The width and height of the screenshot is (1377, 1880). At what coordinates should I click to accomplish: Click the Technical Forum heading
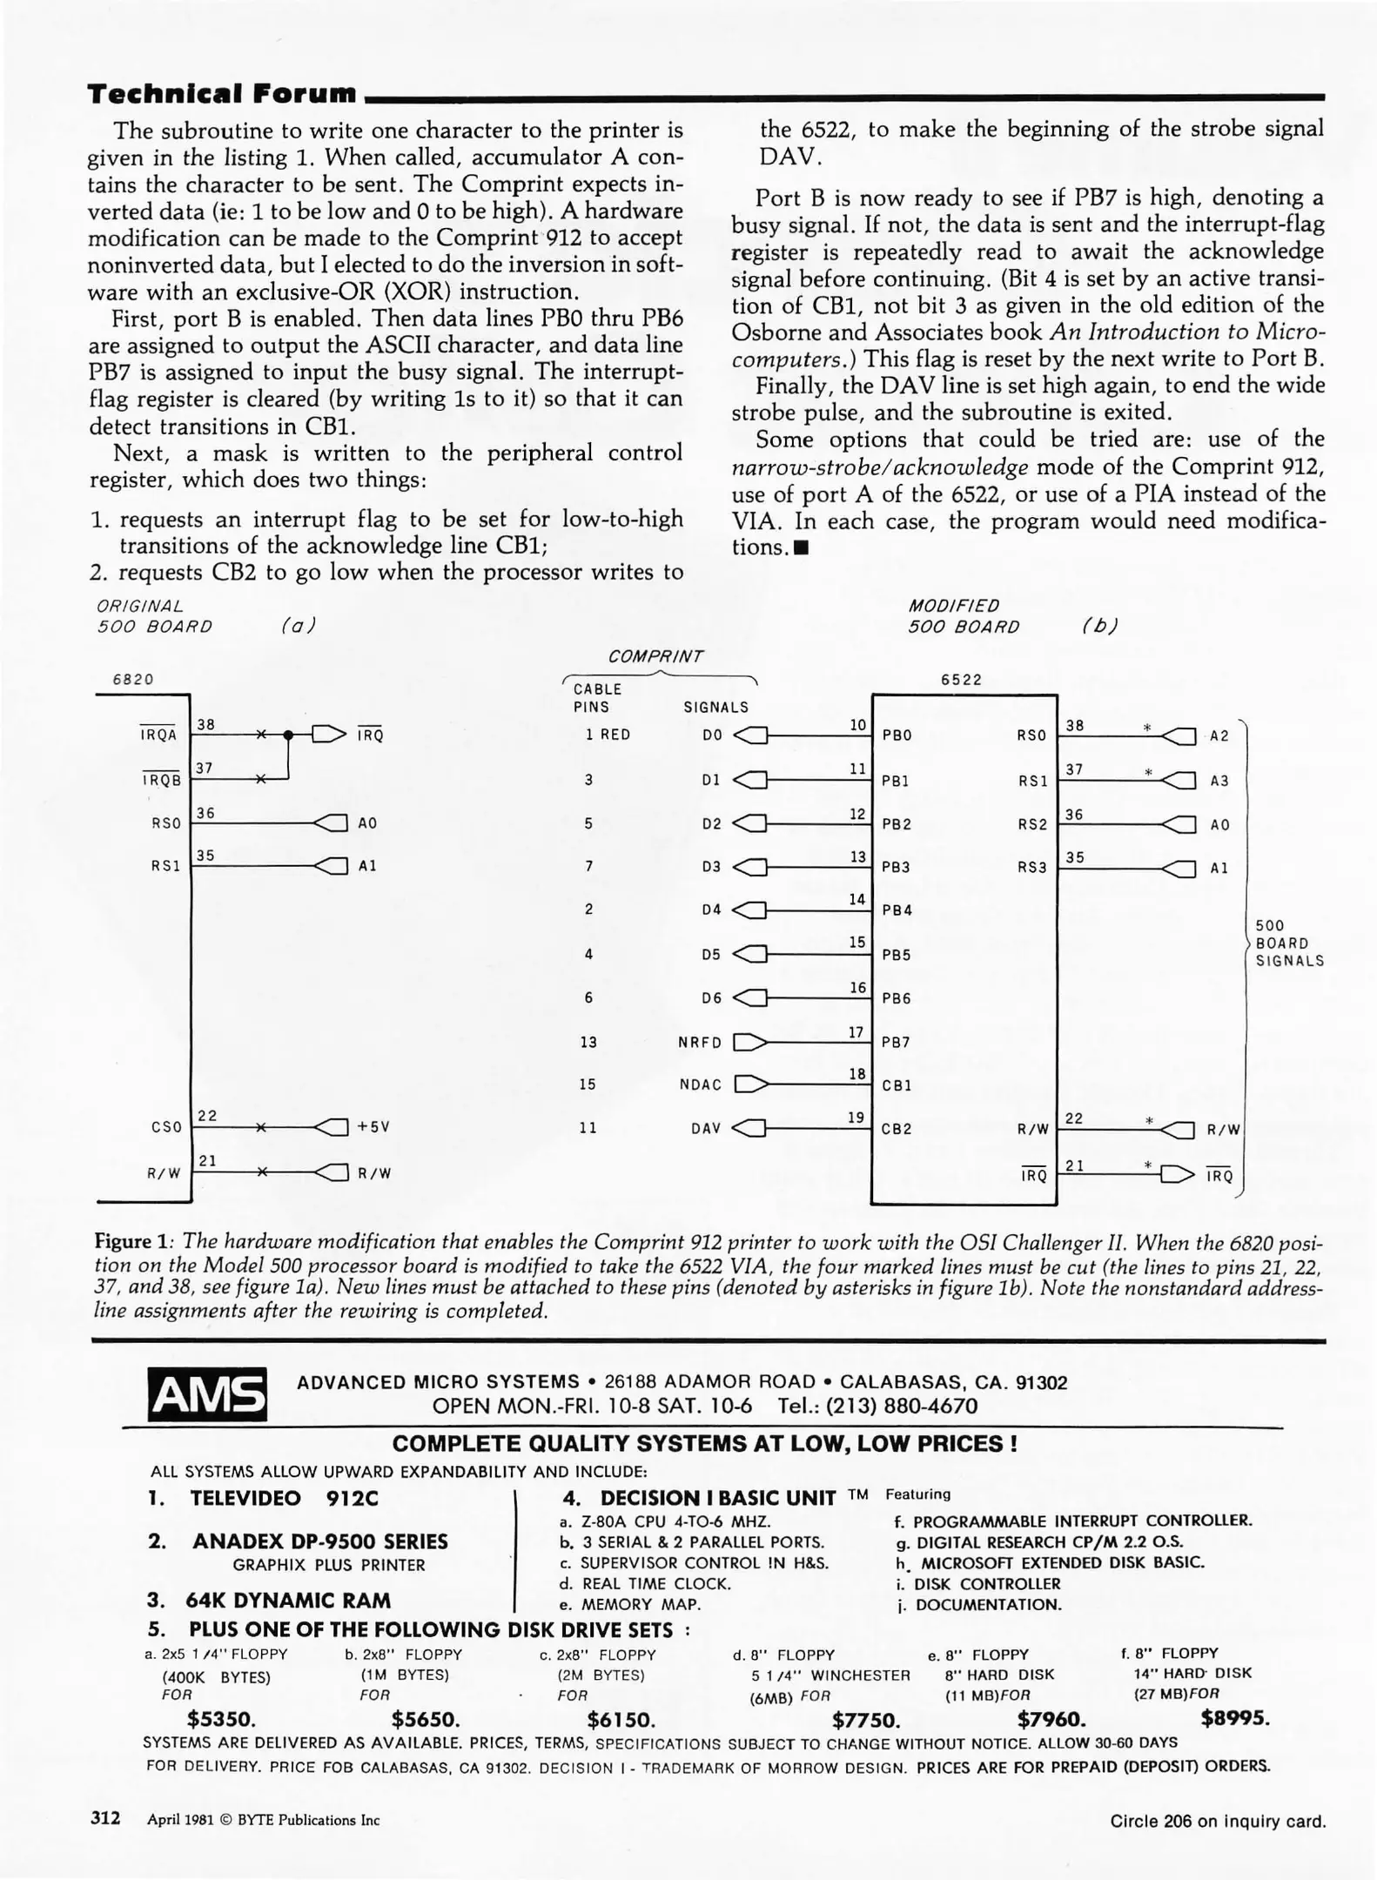[222, 93]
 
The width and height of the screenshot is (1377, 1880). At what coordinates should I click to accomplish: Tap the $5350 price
[221, 1719]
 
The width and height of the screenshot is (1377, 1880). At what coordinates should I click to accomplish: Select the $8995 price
[1234, 1718]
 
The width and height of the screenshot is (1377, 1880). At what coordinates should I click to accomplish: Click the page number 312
[105, 1818]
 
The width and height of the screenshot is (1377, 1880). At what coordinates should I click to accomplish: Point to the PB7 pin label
[896, 1042]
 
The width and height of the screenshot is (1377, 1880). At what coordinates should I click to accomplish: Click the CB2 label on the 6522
[896, 1129]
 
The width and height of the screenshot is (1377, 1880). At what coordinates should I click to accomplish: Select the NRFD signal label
[700, 1042]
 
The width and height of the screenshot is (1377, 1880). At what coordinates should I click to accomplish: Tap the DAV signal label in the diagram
[705, 1128]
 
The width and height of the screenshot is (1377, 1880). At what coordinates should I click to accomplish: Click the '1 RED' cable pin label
[608, 735]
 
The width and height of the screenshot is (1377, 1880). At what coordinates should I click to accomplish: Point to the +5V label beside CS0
[373, 1126]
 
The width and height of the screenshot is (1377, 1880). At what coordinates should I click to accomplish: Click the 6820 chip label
[133, 680]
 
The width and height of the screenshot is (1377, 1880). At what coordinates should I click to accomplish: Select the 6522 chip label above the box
[961, 680]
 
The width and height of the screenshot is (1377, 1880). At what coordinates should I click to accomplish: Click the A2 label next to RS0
[1219, 736]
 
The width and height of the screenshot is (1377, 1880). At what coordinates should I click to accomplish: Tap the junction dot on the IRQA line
[289, 735]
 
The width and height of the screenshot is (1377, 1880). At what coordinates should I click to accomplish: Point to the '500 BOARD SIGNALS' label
[1288, 943]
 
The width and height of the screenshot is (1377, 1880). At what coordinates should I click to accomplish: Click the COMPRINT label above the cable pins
[655, 656]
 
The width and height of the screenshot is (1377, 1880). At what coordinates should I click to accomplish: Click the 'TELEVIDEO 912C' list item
[284, 1498]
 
